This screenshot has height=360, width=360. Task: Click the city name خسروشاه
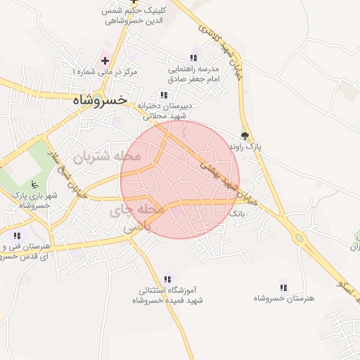pyautogui.click(x=100, y=101)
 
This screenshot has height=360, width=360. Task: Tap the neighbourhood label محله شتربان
pyautogui.click(x=108, y=155)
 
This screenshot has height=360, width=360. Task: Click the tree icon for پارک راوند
pyautogui.click(x=245, y=136)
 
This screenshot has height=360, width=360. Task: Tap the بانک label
pyautogui.click(x=238, y=212)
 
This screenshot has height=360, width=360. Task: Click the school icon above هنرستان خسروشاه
pyautogui.click(x=284, y=287)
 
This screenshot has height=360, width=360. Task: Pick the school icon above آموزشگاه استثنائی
pyautogui.click(x=167, y=279)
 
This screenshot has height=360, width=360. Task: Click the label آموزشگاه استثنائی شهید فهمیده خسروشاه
pyautogui.click(x=169, y=295)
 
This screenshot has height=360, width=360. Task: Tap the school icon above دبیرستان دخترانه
pyautogui.click(x=164, y=95)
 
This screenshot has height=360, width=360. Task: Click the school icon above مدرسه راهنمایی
pyautogui.click(x=194, y=58)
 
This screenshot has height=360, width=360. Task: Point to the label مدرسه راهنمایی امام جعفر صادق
pyautogui.click(x=194, y=75)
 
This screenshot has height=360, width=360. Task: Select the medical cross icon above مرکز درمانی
pyautogui.click(x=105, y=61)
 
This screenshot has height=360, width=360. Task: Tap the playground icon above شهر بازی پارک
pyautogui.click(x=36, y=184)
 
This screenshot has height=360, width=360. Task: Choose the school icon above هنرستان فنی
pyautogui.click(x=17, y=236)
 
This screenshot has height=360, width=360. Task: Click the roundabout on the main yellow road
pyautogui.click(x=300, y=238)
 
